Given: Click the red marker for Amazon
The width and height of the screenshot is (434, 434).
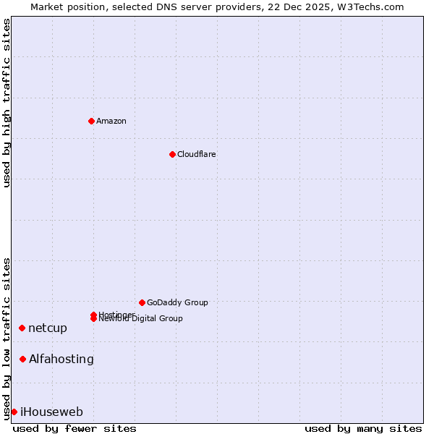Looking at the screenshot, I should click(91, 121).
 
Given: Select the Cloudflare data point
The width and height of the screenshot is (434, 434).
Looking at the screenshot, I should click(172, 154).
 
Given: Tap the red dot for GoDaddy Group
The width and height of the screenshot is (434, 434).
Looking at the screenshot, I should click(142, 302).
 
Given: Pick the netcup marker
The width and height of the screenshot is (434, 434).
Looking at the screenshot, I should click(22, 328).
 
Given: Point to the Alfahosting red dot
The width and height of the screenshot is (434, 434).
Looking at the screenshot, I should click(22, 359).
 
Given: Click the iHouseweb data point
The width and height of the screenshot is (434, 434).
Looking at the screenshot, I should click(14, 412).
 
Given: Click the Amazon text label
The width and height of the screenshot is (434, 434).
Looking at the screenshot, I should click(111, 121).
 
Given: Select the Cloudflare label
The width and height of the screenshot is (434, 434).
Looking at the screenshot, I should click(196, 154).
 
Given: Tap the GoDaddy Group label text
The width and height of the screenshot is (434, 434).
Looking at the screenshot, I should click(177, 302).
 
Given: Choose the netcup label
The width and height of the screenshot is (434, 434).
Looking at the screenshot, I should click(48, 328).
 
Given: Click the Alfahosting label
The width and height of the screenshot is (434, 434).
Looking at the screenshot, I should click(61, 359).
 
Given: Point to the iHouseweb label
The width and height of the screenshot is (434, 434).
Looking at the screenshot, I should click(51, 412).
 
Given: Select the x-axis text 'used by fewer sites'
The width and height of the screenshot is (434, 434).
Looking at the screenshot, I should click(75, 428).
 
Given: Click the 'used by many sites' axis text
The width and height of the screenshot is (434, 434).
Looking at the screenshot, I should click(363, 428).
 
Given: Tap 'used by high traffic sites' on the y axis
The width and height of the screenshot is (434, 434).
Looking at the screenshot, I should click(7, 103).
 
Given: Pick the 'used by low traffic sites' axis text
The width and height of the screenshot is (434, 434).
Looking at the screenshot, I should click(7, 339).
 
